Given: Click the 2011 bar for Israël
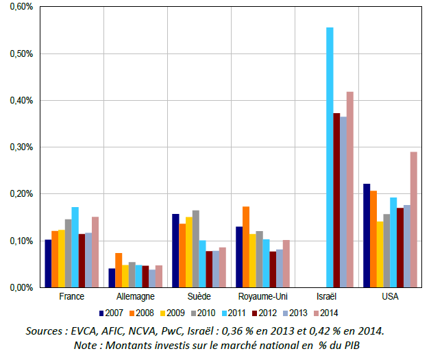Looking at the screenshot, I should point(330,157).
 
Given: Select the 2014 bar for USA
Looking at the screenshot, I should point(414,219).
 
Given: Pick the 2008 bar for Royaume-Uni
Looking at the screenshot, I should point(246,247).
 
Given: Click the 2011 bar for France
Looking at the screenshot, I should point(75,247).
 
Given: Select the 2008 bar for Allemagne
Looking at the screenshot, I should point(119,270).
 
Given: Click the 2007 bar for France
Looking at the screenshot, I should point(49,263).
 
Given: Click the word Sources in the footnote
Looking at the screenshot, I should point(47,331).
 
